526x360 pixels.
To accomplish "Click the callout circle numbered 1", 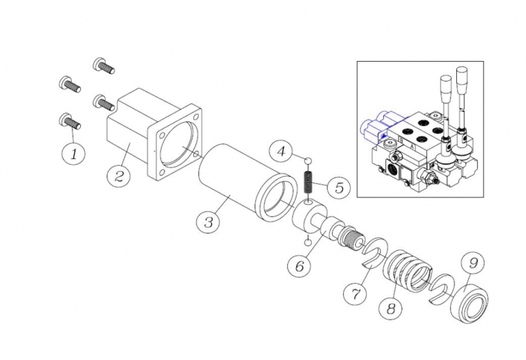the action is [x=74, y=154].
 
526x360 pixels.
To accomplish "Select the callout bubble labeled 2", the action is [x=119, y=175].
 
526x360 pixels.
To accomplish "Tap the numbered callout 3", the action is [x=208, y=221].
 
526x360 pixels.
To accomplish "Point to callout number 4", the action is [x=281, y=151].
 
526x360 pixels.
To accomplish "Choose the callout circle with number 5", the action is [x=339, y=187].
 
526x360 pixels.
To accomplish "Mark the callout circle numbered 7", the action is [x=355, y=293].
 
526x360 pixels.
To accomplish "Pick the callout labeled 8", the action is [x=391, y=308].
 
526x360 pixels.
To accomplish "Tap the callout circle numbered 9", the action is [x=473, y=263].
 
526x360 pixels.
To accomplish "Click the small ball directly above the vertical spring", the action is [x=308, y=160].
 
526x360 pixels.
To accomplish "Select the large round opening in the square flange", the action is [x=180, y=146].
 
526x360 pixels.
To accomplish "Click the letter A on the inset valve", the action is [x=412, y=146].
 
